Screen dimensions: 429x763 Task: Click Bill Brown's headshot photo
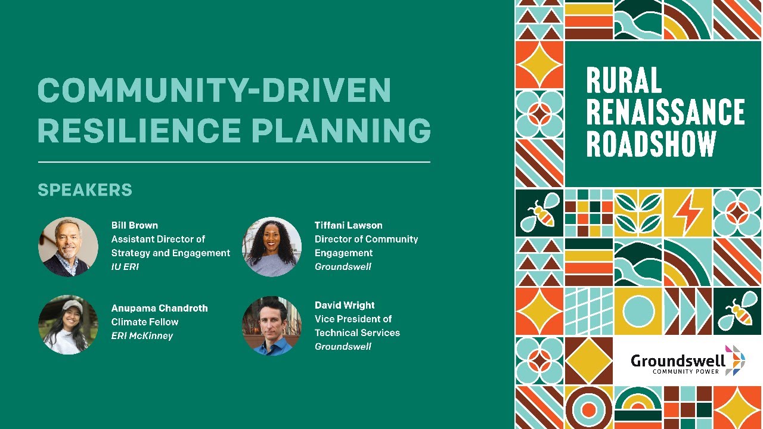coord(69,247)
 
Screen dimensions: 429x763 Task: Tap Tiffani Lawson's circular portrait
coord(272,247)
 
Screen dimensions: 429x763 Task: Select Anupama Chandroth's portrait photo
coord(69,325)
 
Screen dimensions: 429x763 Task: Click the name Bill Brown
coord(135,225)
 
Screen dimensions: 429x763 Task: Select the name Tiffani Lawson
coord(348,225)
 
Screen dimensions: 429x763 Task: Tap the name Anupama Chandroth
coord(159,308)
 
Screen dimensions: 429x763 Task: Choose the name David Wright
coord(345,305)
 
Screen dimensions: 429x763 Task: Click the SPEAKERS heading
coord(85,190)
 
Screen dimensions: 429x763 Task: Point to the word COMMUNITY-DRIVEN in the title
coord(215,91)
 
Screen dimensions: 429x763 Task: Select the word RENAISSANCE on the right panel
coord(665,112)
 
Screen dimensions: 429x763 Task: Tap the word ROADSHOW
coord(651,144)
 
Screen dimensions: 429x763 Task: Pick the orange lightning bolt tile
coord(688,213)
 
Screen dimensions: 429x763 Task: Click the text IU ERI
coord(125,266)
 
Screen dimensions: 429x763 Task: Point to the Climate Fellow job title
coord(145,322)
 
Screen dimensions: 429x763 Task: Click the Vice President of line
coord(353,319)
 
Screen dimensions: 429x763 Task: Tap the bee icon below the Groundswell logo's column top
coord(737,311)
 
